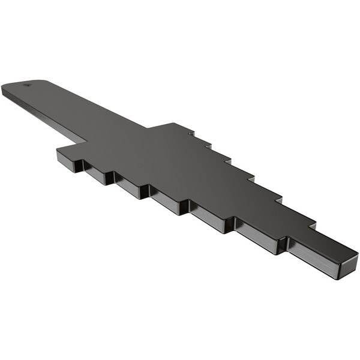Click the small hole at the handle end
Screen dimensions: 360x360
point(26,85)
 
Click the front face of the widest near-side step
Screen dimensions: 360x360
point(69,160)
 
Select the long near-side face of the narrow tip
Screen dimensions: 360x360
point(312,258)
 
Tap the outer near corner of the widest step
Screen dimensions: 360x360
point(57,150)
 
